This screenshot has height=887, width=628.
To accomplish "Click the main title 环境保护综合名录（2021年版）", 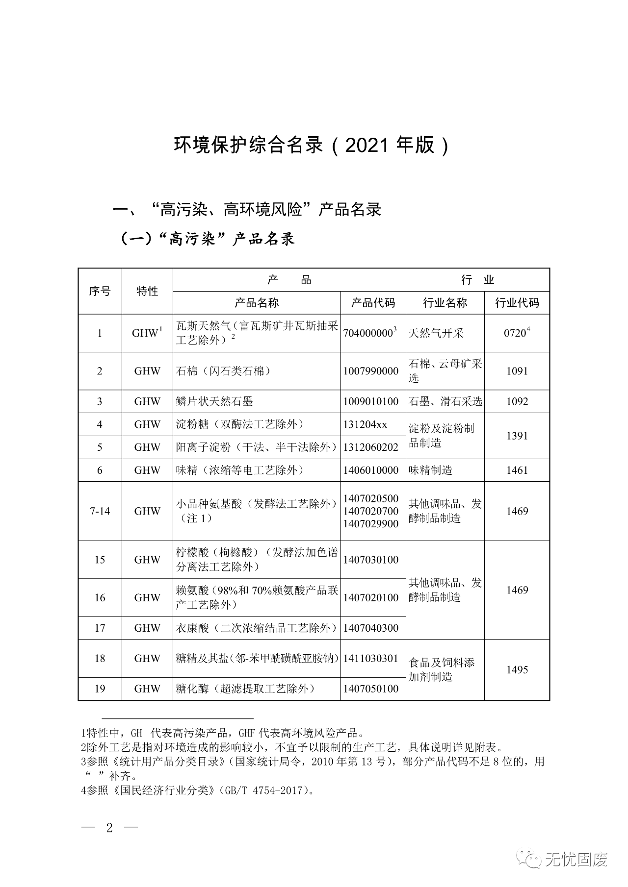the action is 312,146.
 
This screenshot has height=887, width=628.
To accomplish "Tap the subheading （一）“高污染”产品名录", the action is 208,239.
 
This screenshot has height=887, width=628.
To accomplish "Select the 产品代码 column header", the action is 373,303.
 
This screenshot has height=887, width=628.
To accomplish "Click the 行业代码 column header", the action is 517,303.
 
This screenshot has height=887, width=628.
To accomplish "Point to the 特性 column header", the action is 147,291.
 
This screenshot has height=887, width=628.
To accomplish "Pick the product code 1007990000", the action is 371,371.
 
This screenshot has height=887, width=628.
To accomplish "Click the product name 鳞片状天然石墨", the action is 215,401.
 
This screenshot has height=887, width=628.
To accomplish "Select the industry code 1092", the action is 517,401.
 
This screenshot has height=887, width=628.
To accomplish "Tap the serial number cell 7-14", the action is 100,511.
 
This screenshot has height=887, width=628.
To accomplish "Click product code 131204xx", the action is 366,424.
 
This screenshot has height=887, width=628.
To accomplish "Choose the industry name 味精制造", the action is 431,470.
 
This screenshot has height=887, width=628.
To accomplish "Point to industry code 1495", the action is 517,669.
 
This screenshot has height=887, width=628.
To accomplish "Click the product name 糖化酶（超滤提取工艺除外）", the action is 245,689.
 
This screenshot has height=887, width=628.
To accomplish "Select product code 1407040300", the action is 371,628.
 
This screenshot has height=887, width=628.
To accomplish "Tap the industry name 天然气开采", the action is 436,333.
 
